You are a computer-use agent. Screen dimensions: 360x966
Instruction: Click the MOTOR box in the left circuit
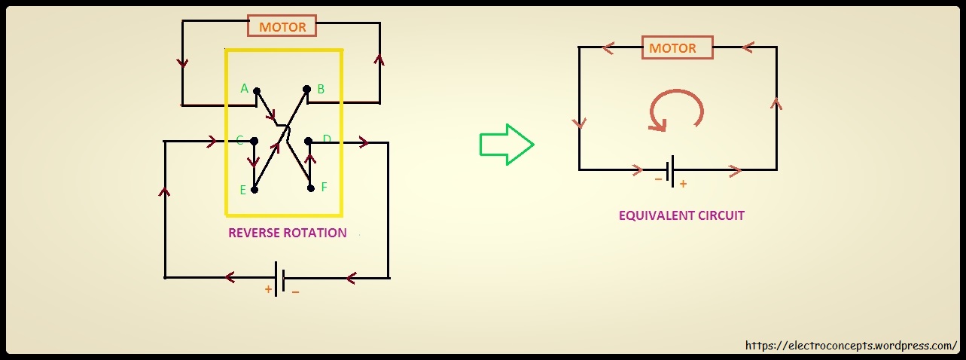tap(282, 27)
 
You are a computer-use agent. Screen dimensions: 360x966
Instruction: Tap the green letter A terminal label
tap(244, 89)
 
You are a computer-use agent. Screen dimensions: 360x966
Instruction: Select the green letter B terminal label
tap(321, 89)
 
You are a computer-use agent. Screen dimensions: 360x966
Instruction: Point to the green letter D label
tap(327, 139)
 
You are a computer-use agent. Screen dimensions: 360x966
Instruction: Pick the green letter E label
tap(243, 190)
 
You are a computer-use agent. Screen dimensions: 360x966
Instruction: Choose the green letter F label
tap(324, 187)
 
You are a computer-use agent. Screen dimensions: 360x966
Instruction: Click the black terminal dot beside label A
tap(257, 91)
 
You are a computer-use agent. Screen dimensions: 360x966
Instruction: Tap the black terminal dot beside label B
tap(306, 89)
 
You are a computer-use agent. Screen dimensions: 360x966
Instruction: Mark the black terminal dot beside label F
tap(310, 188)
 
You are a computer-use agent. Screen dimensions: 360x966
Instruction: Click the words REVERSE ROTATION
tap(287, 233)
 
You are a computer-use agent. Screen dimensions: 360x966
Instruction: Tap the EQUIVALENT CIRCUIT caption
tap(681, 215)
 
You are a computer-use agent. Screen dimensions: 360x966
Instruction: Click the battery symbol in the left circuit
tap(279, 278)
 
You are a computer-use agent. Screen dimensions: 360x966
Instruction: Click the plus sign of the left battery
tap(268, 288)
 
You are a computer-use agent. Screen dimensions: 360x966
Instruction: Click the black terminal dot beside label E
tap(254, 190)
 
